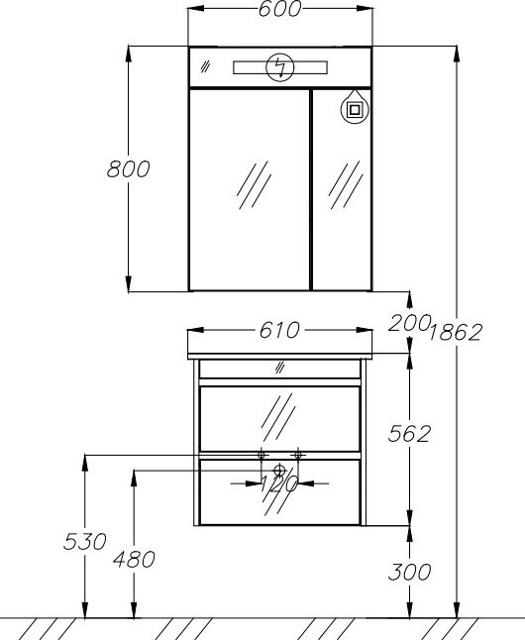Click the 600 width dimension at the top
280,9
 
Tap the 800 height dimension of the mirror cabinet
128,169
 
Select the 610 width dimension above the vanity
279,330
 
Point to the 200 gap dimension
409,323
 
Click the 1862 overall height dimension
456,332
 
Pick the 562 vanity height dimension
409,434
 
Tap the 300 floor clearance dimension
409,572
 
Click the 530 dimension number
85,542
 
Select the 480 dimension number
135,559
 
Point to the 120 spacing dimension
278,484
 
